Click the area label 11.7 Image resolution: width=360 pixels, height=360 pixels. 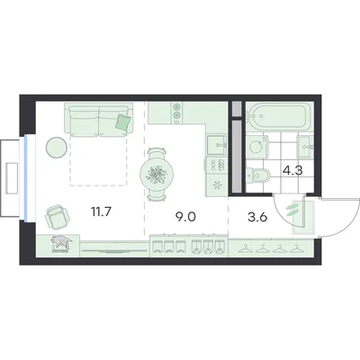101,212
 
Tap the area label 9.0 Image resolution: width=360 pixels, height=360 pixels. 185,217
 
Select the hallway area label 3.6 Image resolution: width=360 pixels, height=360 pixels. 257,217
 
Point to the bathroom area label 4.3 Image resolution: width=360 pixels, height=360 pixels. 292,171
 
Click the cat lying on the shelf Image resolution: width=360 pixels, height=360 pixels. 61,241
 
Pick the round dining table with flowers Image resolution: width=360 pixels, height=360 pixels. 157,175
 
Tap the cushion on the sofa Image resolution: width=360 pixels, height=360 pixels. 123,122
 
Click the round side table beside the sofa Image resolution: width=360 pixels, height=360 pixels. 56,147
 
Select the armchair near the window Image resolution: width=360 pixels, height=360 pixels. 58,217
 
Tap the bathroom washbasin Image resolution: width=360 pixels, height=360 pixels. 305,147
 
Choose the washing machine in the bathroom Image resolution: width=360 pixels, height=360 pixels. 257,147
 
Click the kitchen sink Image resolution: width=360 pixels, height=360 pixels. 216,145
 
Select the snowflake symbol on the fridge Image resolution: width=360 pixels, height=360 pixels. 217,185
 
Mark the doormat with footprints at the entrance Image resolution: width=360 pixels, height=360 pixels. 303,217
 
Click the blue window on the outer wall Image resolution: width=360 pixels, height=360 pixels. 26,178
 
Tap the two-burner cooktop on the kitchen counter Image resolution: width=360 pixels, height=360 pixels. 177,111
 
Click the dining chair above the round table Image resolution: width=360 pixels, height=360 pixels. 157,152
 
